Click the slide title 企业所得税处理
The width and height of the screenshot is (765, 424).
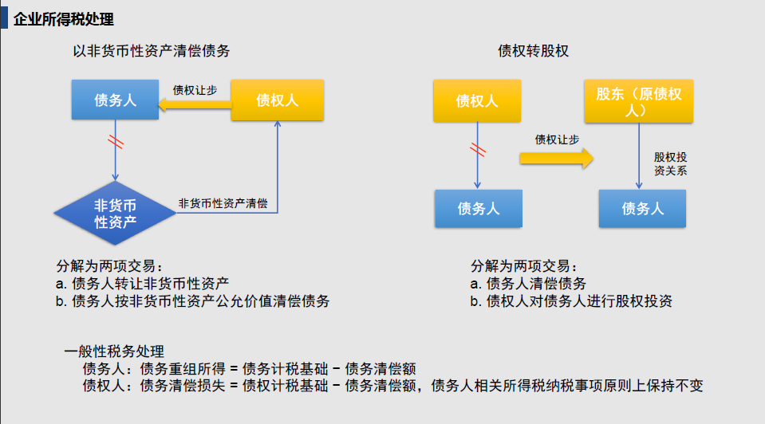[x=64, y=19]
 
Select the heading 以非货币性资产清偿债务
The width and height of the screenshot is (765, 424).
[x=152, y=51]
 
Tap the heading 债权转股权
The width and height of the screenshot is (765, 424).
[x=533, y=51]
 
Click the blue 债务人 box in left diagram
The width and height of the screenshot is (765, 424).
[x=115, y=100]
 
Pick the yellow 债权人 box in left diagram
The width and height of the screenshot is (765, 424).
[x=277, y=100]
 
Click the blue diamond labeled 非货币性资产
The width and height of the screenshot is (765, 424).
[x=115, y=213]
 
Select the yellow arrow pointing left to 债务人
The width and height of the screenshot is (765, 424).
[x=195, y=104]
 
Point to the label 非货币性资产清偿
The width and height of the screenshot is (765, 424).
[x=223, y=203]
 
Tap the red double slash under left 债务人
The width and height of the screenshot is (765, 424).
[x=115, y=141]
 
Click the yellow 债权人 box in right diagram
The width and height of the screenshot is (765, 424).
[x=477, y=101]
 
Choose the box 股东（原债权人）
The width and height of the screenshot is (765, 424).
[x=639, y=101]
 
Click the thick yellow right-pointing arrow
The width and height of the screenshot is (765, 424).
[x=557, y=159]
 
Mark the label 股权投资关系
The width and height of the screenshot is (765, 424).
[x=670, y=163]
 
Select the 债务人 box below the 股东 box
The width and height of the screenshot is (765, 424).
[x=642, y=209]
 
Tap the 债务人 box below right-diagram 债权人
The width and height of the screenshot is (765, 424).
[x=479, y=209]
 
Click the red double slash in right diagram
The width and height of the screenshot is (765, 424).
[x=478, y=150]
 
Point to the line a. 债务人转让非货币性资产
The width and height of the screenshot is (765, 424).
[x=142, y=283]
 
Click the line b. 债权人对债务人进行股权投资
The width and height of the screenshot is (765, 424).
[x=571, y=301]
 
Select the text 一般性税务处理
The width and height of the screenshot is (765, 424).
[x=114, y=351]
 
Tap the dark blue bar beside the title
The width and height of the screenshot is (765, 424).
[x=5, y=18]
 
